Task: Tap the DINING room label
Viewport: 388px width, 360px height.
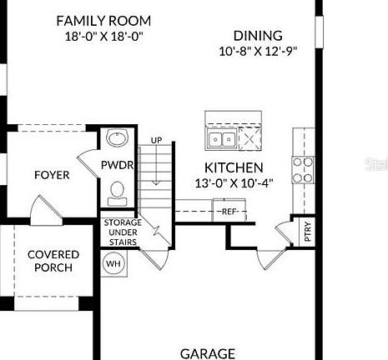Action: tap(258, 36)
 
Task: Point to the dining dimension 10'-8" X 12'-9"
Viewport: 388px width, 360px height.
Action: tap(258, 51)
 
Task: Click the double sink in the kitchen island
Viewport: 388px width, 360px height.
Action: tap(221, 138)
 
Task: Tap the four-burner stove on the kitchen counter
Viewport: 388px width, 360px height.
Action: tap(301, 169)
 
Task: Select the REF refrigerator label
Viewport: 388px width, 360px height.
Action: tap(229, 212)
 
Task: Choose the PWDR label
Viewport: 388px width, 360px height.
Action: tap(118, 166)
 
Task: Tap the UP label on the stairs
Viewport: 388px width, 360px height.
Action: tap(157, 140)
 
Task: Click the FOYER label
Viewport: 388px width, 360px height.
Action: tap(52, 175)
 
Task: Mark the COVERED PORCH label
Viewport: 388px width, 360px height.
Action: tap(53, 261)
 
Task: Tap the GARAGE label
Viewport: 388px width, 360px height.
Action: tap(208, 353)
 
